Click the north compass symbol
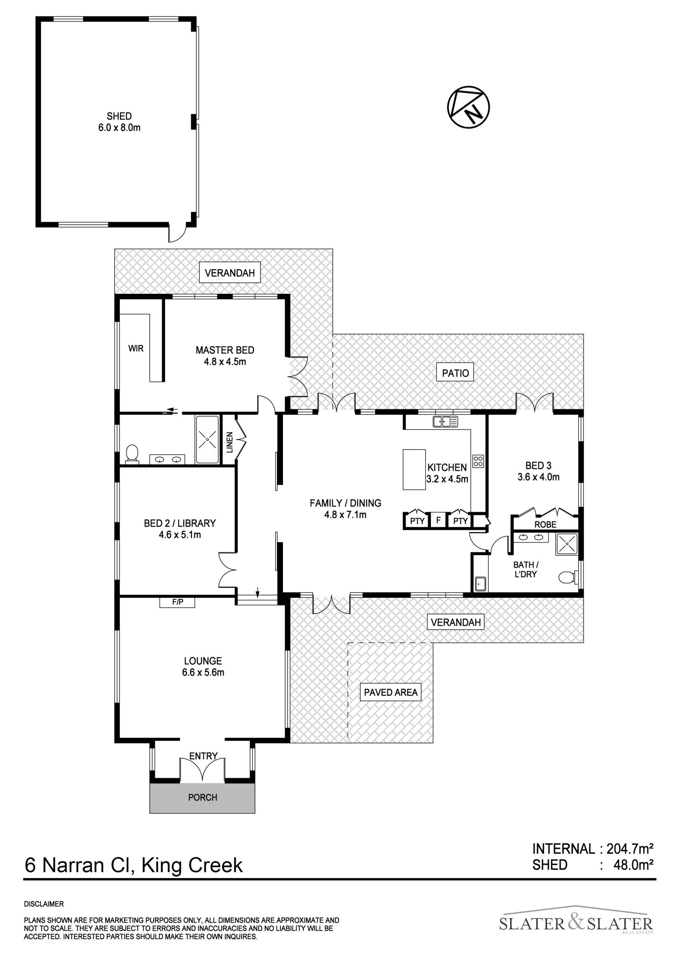[x=469, y=107]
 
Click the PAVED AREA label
[x=391, y=692]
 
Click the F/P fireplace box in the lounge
[x=178, y=602]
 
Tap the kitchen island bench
[x=414, y=470]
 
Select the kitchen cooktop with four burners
[x=478, y=461]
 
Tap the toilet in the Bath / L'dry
[x=568, y=578]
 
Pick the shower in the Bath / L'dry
[x=566, y=544]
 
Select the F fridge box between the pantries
[x=438, y=520]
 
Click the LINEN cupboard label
[x=229, y=442]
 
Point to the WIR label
[x=136, y=348]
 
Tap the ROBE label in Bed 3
[x=545, y=524]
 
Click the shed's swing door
[x=177, y=233]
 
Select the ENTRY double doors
[x=203, y=769]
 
